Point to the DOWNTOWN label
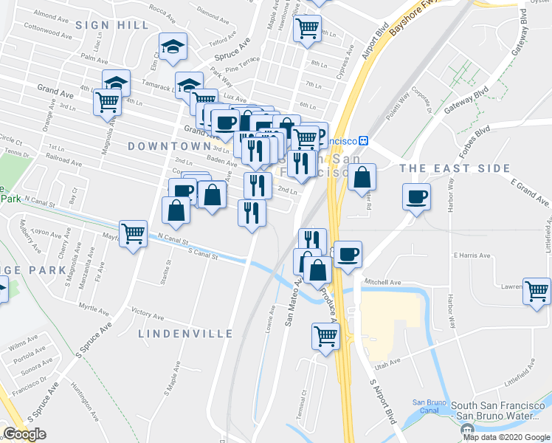[169, 146]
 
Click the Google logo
[24, 434]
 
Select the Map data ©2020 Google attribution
[507, 437]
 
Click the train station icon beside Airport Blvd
[363, 140]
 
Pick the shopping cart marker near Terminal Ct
[325, 336]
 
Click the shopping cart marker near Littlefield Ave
[537, 290]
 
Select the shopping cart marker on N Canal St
[133, 234]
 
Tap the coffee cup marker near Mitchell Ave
[348, 254]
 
